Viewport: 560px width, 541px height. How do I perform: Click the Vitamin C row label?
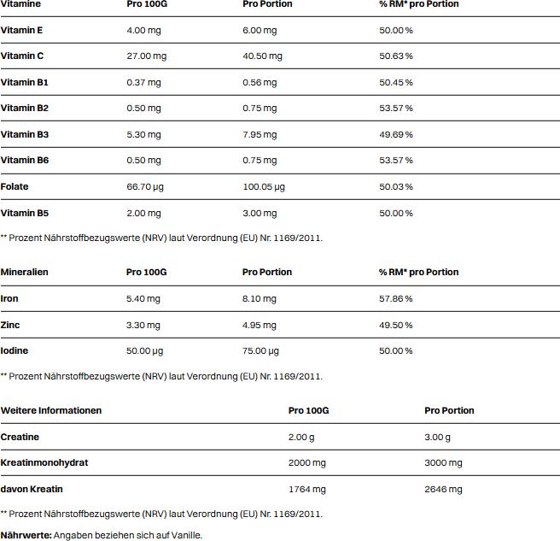tap(22, 56)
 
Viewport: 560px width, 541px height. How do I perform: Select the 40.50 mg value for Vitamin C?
tap(262, 56)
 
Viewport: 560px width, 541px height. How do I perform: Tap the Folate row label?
tap(15, 186)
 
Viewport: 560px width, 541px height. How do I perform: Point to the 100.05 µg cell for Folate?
tap(264, 186)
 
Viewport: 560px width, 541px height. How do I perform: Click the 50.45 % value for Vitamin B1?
tap(396, 82)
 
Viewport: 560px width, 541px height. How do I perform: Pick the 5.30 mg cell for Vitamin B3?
tap(143, 134)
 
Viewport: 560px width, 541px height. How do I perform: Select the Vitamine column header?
tap(20, 4)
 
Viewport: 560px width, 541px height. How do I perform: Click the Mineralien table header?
tap(25, 272)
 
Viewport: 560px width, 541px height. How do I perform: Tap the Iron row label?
tap(9, 298)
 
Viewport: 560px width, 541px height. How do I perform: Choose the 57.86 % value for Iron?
tap(396, 298)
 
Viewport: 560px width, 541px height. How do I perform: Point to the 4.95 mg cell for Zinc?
tap(260, 325)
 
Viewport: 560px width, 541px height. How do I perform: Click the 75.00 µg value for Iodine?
tap(261, 350)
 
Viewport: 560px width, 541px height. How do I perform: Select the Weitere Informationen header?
tap(51, 410)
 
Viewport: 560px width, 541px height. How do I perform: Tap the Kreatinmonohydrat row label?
tap(44, 462)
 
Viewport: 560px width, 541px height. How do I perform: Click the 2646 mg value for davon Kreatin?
tap(443, 489)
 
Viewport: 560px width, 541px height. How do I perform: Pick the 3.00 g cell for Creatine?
tap(438, 437)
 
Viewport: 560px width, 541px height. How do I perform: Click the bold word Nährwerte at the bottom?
tap(26, 535)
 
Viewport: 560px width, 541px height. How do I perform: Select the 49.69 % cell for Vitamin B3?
tap(396, 134)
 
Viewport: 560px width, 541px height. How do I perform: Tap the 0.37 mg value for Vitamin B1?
tap(143, 82)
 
